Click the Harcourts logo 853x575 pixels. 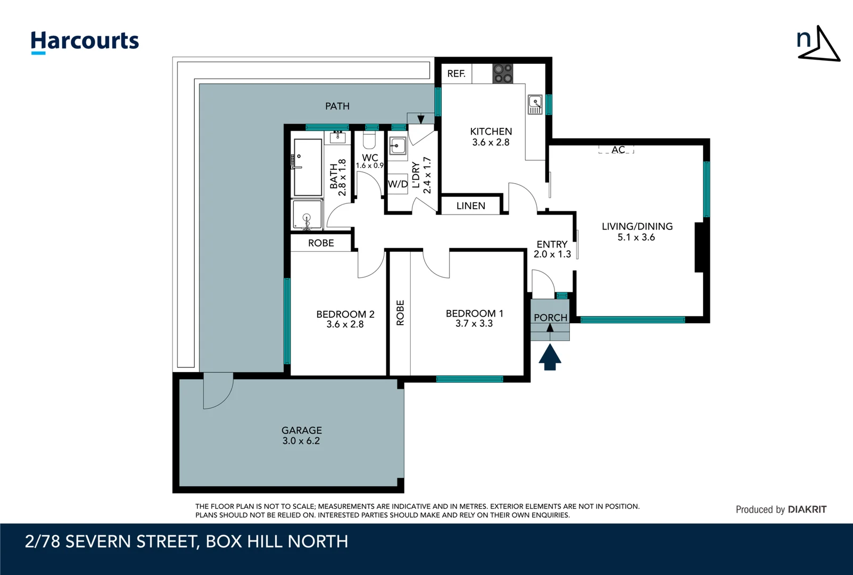coord(85,42)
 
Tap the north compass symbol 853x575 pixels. coord(818,44)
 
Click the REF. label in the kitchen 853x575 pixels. coord(456,74)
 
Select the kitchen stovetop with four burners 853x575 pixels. coord(502,73)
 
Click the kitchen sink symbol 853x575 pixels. coord(535,104)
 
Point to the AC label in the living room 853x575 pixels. coord(618,150)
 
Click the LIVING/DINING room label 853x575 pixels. coord(637,226)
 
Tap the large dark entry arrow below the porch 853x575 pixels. coord(550,357)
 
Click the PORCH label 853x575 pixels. coord(550,317)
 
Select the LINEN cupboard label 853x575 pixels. coord(470,206)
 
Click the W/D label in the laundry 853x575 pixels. coord(397,184)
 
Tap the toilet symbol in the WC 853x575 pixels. coord(369,141)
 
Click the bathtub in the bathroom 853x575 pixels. coord(308,167)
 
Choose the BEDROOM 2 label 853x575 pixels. coord(345,314)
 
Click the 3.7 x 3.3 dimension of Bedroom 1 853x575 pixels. coord(474,324)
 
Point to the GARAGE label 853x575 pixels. coord(301,430)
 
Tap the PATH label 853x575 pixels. coord(337,106)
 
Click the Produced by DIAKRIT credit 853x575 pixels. coord(781,510)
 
